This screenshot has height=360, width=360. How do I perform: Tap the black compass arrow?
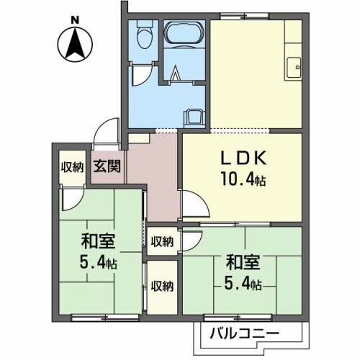75,44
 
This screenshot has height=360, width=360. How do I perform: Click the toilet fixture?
145,35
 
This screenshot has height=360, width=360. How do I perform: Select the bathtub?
184,33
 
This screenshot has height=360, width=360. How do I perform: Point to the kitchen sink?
293,68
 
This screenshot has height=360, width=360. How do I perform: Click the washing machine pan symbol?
194,119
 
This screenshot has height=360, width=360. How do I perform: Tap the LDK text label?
243,158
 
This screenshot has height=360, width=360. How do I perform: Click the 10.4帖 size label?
243,179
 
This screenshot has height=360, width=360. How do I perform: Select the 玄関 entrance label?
107,166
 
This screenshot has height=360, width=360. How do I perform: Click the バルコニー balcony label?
244,333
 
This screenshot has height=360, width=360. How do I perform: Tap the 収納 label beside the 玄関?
72,167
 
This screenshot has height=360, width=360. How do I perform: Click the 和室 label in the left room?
98,241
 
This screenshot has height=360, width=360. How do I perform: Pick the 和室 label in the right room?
243,263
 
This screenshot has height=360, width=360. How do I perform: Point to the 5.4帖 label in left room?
98,263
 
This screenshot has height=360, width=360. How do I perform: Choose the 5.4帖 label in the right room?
243,284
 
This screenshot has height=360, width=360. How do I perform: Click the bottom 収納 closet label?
162,287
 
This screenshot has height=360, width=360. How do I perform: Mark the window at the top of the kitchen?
244,17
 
